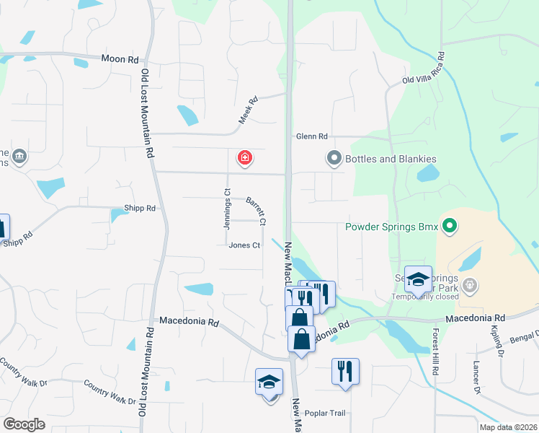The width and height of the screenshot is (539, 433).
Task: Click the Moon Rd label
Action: coord(120,59)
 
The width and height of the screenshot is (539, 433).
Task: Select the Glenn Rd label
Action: coord(311,136)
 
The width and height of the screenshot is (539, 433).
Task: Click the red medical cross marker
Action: coord(245,157)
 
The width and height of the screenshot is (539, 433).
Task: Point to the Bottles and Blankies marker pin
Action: coord(334,158)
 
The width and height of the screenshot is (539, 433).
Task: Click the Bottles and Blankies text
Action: coord(391,159)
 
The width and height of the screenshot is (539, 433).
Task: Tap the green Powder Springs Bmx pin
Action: coord(450,227)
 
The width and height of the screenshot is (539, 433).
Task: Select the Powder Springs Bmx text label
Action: coord(391,227)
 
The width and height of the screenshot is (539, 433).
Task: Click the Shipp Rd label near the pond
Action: coord(140,209)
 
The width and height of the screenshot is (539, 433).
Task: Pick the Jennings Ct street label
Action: coord(226,209)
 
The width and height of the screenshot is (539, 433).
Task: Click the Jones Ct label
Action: coord(244,245)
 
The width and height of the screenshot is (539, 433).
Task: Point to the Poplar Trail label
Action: coord(326,414)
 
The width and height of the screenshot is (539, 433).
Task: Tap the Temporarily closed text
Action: coord(425,297)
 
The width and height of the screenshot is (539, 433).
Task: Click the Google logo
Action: coord(24,424)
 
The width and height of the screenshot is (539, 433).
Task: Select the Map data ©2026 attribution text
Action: coord(508,427)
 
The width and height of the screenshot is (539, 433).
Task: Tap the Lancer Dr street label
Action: coord(476,377)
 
